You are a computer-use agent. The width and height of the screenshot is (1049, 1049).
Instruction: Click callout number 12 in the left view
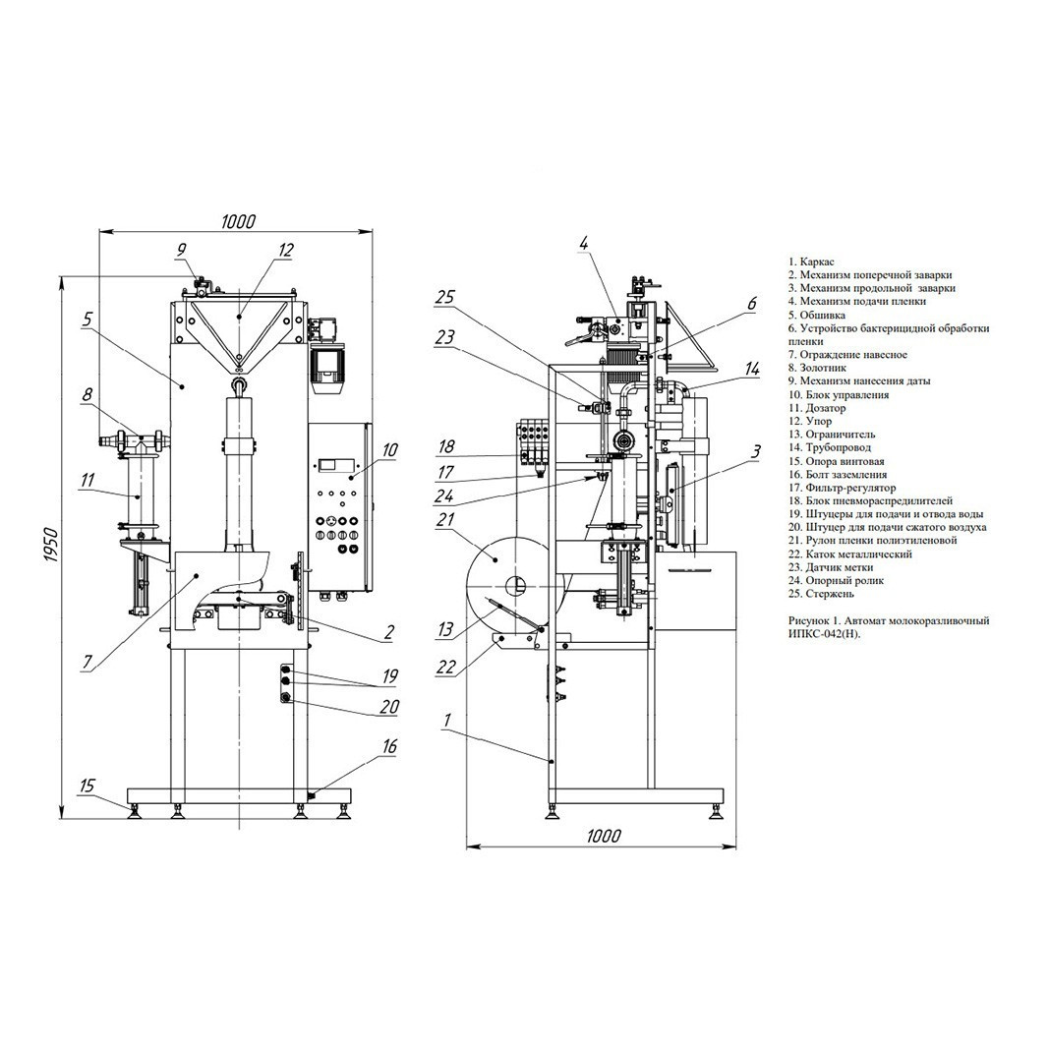pos(286,251)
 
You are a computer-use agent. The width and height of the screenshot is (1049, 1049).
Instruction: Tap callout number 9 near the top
pos(181,251)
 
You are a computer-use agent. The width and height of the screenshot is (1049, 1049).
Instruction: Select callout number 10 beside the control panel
pos(390,449)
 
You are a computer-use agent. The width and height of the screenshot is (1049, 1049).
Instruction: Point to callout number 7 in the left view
pos(87,662)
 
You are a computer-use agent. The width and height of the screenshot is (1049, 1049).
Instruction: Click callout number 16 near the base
pos(389,746)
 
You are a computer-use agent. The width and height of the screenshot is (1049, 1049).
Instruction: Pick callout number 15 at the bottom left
pos(87,786)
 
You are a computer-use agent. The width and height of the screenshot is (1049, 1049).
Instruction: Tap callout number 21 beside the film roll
pos(445,518)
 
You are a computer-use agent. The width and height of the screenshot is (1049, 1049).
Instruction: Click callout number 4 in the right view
pos(584,243)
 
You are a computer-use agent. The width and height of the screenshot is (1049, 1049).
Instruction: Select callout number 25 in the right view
pos(445,297)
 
